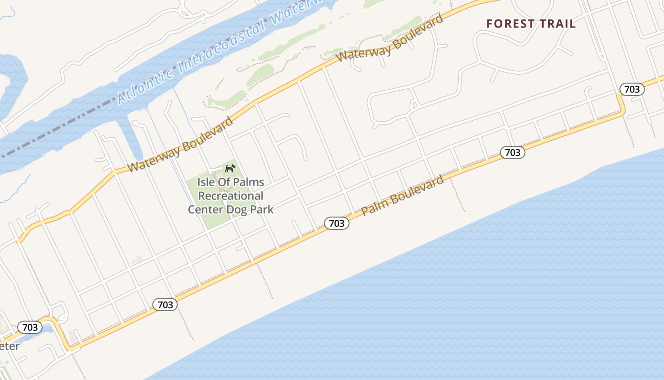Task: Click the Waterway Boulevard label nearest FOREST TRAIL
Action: (x=390, y=38)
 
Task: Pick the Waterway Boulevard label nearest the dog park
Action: (x=181, y=144)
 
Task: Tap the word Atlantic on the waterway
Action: (x=145, y=84)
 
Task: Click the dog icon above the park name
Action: (x=230, y=168)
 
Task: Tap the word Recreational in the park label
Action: (x=231, y=196)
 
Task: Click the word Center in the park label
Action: (x=205, y=209)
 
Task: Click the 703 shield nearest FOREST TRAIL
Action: (x=632, y=89)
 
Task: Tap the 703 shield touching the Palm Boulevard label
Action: (x=337, y=223)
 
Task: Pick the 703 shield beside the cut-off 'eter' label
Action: (x=30, y=327)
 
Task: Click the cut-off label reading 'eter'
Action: (x=9, y=346)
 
